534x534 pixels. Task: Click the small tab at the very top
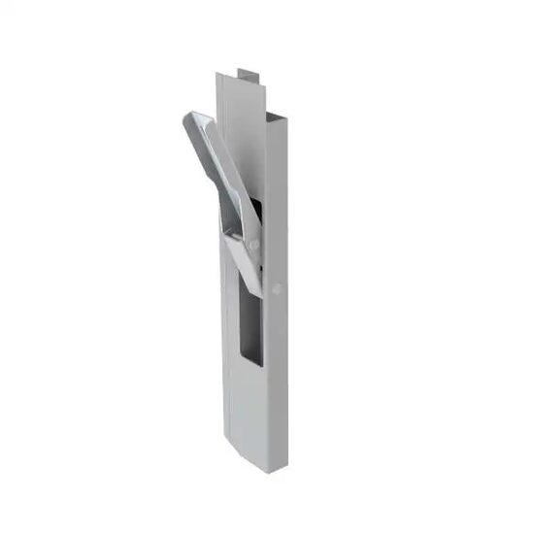249,73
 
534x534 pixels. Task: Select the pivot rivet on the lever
253,245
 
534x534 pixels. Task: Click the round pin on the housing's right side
279,288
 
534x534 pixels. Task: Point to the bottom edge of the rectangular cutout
250,363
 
